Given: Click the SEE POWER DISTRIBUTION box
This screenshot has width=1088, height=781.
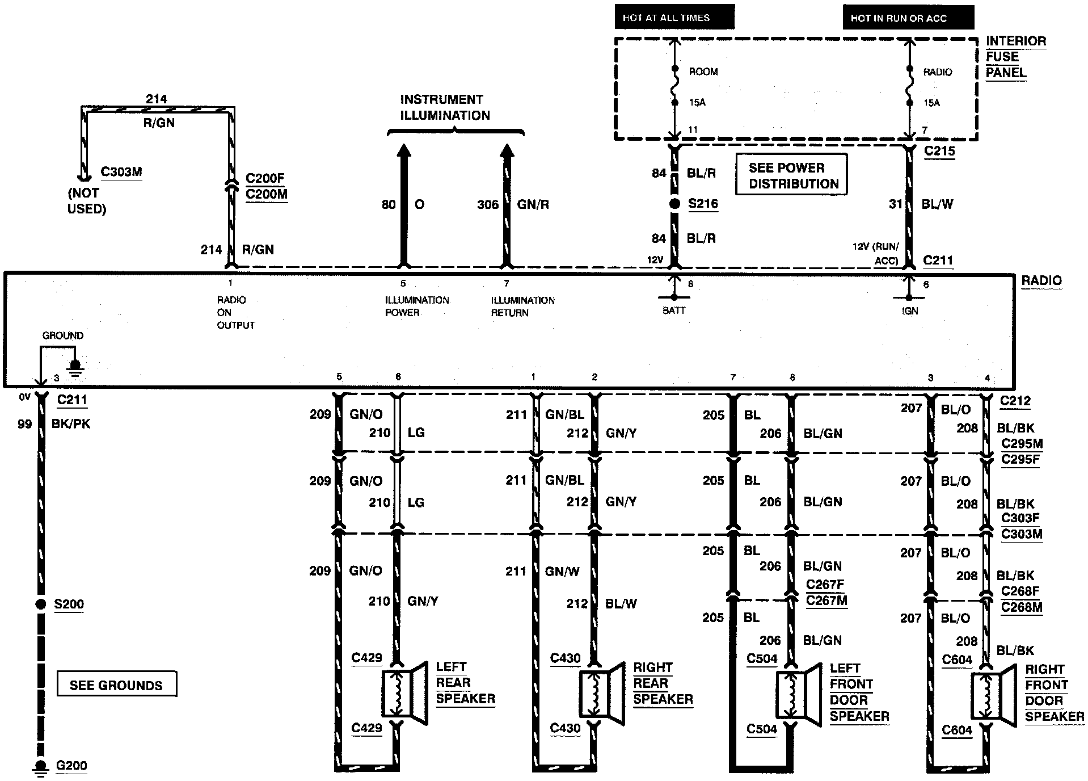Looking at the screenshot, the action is point(791,175).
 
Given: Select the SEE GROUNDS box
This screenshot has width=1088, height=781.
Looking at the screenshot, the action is point(117,684).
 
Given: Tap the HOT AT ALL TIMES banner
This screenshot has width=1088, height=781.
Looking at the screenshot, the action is point(674,17).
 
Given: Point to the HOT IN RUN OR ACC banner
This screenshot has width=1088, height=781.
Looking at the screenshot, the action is point(908,18).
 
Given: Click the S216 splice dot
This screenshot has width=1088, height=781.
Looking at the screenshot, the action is point(674,204).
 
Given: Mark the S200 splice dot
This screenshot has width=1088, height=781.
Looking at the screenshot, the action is point(41,604).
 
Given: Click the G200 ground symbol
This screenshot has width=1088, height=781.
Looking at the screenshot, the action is point(41,766).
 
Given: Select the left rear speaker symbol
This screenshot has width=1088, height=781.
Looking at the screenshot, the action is point(404,694).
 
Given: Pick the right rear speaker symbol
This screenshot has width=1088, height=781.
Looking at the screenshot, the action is point(602,694).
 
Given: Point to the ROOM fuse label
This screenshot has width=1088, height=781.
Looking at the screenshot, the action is point(703,72).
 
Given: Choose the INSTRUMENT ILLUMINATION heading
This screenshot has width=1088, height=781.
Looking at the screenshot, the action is point(445,107).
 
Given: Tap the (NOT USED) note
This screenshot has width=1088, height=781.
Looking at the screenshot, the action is point(87,201).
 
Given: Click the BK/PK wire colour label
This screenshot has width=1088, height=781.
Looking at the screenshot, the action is point(71,423).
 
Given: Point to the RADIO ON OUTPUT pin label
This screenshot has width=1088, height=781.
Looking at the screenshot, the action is point(235,312).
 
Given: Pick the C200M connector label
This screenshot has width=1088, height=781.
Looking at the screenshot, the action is point(267,194).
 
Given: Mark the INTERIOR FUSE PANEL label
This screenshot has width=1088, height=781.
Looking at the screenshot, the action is point(1016,57).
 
